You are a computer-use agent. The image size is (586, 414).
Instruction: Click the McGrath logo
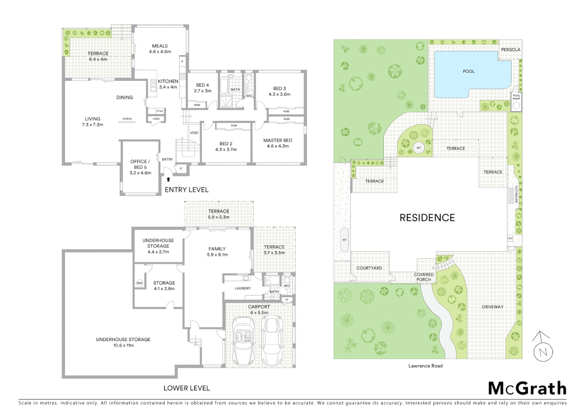[527, 388]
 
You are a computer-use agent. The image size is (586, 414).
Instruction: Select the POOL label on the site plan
[469, 71]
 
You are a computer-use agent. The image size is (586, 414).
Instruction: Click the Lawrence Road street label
[425, 366]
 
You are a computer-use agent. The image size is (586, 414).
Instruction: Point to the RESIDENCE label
[427, 218]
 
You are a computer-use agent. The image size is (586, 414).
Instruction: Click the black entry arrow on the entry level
[168, 179]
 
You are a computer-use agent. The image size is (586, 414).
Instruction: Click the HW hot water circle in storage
[140, 283]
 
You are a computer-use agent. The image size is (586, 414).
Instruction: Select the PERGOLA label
[510, 49]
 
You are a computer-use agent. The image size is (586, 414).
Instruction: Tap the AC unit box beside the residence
[510, 238]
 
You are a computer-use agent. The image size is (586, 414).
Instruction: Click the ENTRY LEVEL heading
[186, 190]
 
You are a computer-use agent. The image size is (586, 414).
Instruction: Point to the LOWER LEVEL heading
[186, 388]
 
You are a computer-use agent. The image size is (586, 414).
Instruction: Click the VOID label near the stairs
[194, 133]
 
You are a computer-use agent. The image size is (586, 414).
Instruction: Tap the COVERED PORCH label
[423, 277]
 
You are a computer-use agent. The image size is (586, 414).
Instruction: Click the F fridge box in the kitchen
[183, 61]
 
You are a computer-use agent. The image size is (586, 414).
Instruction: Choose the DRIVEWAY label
[492, 307]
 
